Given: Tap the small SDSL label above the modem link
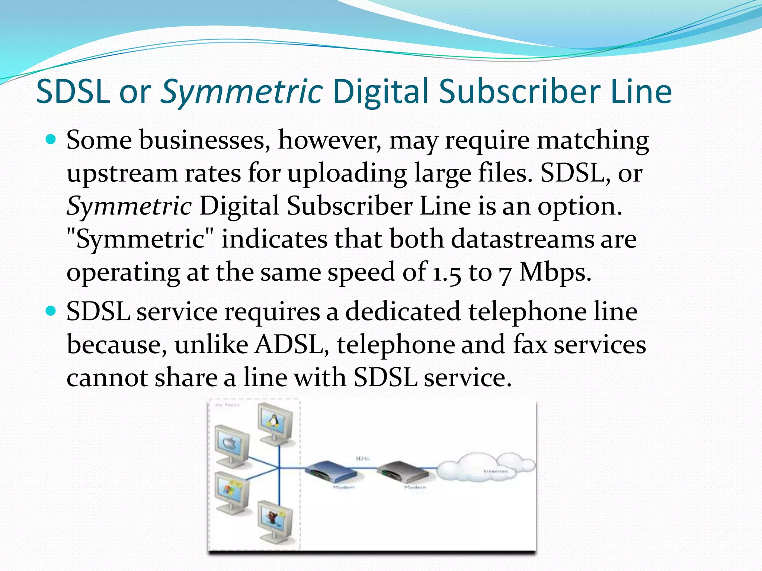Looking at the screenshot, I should click(362, 458).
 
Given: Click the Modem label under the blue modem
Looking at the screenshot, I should click(343, 487).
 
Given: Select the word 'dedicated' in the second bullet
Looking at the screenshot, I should click(403, 311).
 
